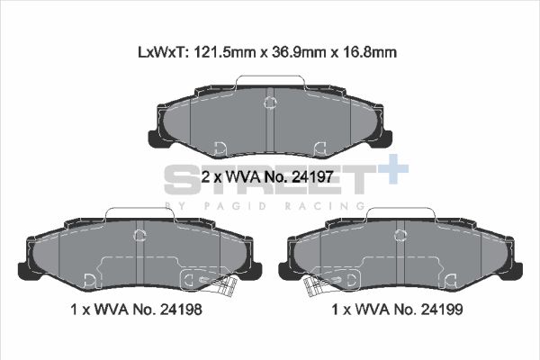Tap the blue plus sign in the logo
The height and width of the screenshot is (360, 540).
point(393,169)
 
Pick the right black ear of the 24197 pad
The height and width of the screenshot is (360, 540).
point(385,138)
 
